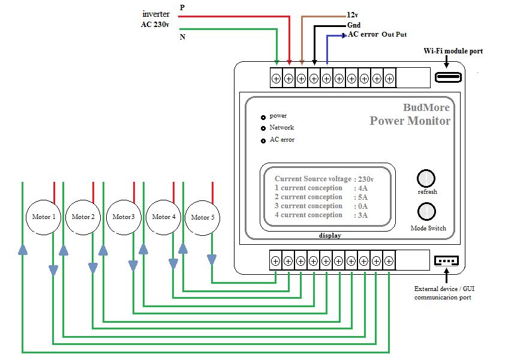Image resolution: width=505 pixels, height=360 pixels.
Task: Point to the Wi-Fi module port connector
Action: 448,77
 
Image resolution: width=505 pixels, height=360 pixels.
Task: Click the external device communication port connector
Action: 446,260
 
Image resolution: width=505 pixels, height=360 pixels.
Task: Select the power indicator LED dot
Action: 263,118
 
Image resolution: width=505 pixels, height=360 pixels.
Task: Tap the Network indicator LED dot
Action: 263,128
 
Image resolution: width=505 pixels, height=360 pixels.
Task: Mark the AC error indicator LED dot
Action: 263,140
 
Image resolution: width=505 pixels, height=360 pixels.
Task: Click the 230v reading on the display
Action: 366,179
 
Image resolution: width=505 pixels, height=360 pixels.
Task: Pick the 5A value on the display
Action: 363,197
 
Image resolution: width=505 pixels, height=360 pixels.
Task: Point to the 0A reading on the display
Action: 363,206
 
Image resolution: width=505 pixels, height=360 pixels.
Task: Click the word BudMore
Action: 426,107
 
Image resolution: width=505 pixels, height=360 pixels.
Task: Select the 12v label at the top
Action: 352,15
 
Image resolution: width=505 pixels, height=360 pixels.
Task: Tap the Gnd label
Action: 354,25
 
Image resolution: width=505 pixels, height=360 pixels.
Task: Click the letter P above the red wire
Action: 182,7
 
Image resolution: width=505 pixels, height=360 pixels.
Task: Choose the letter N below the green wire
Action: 182,37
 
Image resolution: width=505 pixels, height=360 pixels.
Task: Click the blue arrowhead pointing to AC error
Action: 344,35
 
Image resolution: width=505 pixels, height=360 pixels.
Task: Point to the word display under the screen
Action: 330,236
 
